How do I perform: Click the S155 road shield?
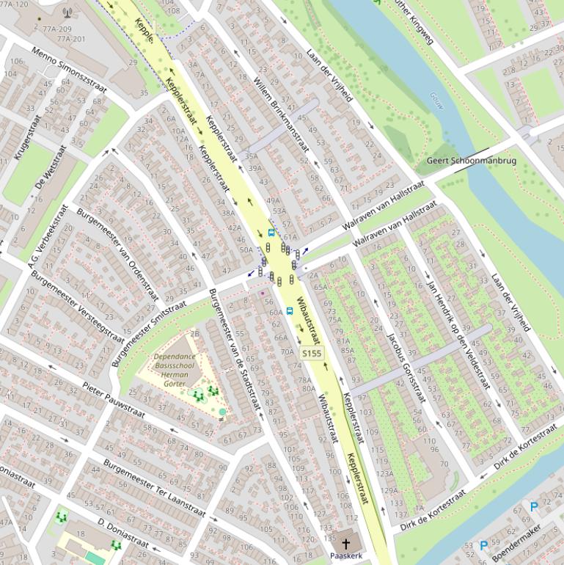coord(312,354)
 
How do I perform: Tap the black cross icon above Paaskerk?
coord(346,544)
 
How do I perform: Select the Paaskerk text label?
coord(346,556)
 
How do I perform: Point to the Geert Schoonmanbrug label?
coord(472,160)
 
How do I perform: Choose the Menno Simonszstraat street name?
coord(69,70)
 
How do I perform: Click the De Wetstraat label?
coord(51,167)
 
